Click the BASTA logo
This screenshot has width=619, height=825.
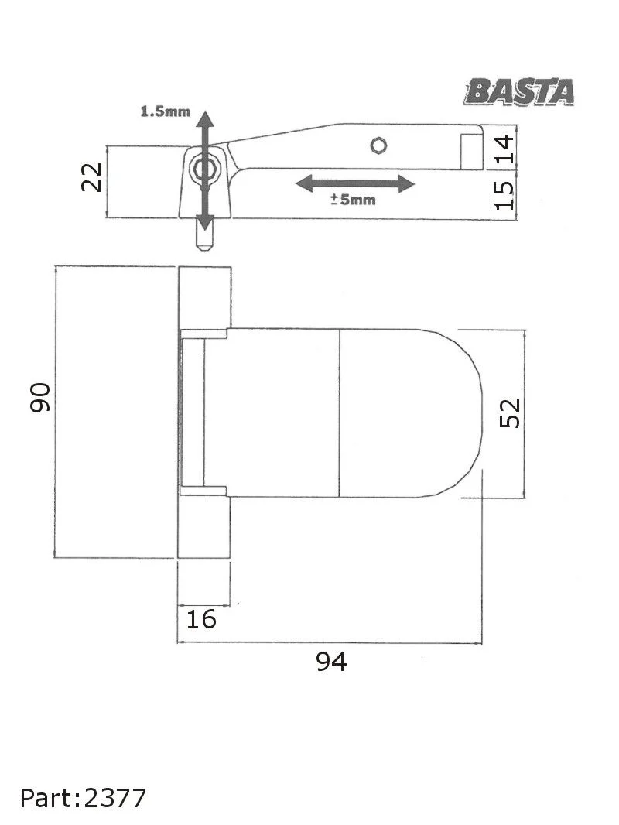pos(519,92)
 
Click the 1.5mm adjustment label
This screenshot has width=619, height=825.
pos(164,111)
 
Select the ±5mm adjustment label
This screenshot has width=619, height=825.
pos(353,200)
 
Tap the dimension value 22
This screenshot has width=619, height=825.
pos(92,177)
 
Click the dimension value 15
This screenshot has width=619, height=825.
pos(504,194)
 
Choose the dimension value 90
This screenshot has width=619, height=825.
pos(40,397)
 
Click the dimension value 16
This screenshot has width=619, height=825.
pos(201,619)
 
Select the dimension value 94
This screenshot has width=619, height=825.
pos(331,662)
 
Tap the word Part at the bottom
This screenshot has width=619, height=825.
pos(46,797)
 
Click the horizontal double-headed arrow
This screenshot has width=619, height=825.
pos(355,183)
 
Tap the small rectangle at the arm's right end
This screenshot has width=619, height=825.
pos(470,151)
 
